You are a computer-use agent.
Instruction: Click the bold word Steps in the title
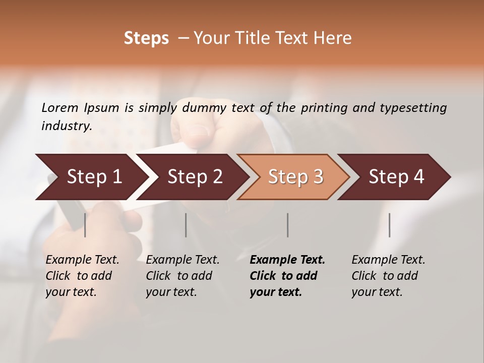coord(146,38)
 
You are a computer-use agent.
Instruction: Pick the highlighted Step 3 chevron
coord(295,176)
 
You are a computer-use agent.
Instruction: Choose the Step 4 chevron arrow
coord(396,176)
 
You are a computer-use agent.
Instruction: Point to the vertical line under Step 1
coord(85,225)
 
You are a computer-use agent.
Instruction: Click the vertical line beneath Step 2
coord(186,225)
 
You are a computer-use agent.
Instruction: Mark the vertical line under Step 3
coord(287,225)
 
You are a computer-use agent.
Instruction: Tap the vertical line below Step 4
coord(389,225)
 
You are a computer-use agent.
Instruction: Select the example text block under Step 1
coord(82,275)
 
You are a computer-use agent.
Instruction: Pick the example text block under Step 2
coord(183,275)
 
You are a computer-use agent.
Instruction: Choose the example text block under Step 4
coord(388,275)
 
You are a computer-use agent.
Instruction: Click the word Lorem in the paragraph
coord(60,107)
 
